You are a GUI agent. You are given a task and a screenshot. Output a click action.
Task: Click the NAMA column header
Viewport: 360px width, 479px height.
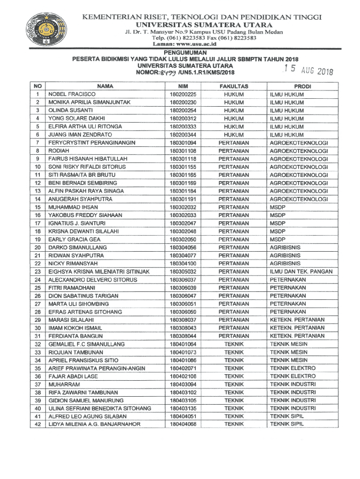(105, 87)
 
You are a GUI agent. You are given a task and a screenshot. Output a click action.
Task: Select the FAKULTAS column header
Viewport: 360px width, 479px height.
(234, 87)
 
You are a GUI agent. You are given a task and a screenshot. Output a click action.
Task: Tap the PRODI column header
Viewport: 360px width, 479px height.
(302, 87)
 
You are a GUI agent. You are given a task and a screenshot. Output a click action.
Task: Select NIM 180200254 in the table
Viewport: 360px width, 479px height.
(183, 110)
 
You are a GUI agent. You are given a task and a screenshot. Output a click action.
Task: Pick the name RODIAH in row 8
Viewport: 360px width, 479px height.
(58, 151)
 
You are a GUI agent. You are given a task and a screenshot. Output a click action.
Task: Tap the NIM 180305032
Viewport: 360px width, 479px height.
(183, 272)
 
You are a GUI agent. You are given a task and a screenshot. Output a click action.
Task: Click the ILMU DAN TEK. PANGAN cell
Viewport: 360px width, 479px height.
(301, 272)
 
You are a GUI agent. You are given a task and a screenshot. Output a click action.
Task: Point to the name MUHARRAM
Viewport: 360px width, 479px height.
(64, 384)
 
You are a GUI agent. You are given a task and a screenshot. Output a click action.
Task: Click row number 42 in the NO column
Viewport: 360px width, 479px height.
(38, 424)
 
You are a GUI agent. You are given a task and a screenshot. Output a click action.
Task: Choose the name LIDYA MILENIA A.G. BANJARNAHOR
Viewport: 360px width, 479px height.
(94, 424)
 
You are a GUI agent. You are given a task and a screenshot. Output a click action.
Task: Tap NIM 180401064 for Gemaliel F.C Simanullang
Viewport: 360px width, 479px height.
(183, 344)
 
